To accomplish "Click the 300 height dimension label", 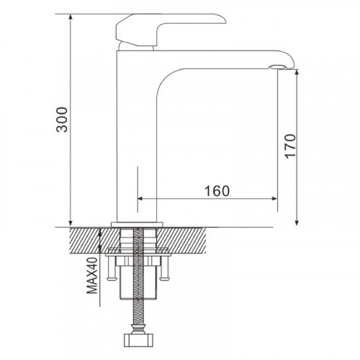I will tap(63, 120).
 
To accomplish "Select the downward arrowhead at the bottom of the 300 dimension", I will tap(71, 221).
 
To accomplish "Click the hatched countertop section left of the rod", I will tap(86, 237).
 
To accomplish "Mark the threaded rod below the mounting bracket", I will tap(138, 317).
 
